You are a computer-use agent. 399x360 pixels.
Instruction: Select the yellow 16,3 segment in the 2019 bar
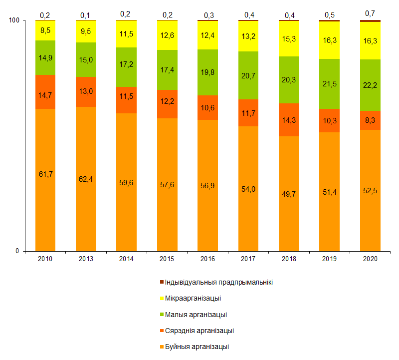329,40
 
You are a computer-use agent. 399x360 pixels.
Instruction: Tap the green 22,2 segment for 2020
370,85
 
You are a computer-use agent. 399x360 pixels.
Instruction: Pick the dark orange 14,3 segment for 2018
289,120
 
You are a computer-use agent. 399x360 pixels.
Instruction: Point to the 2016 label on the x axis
207,259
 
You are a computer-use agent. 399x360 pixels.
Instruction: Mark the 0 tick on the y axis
16,251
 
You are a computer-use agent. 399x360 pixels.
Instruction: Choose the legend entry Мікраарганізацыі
193,299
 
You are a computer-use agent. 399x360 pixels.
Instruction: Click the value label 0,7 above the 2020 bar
370,13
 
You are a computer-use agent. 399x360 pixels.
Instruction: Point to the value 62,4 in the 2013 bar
86,178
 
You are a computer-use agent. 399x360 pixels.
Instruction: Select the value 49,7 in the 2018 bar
289,194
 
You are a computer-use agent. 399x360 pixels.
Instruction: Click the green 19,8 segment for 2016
207,72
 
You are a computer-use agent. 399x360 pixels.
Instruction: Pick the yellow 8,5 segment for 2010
45,31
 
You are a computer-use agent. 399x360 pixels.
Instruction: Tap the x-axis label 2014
126,259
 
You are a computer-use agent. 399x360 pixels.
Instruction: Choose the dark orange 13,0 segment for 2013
86,92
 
